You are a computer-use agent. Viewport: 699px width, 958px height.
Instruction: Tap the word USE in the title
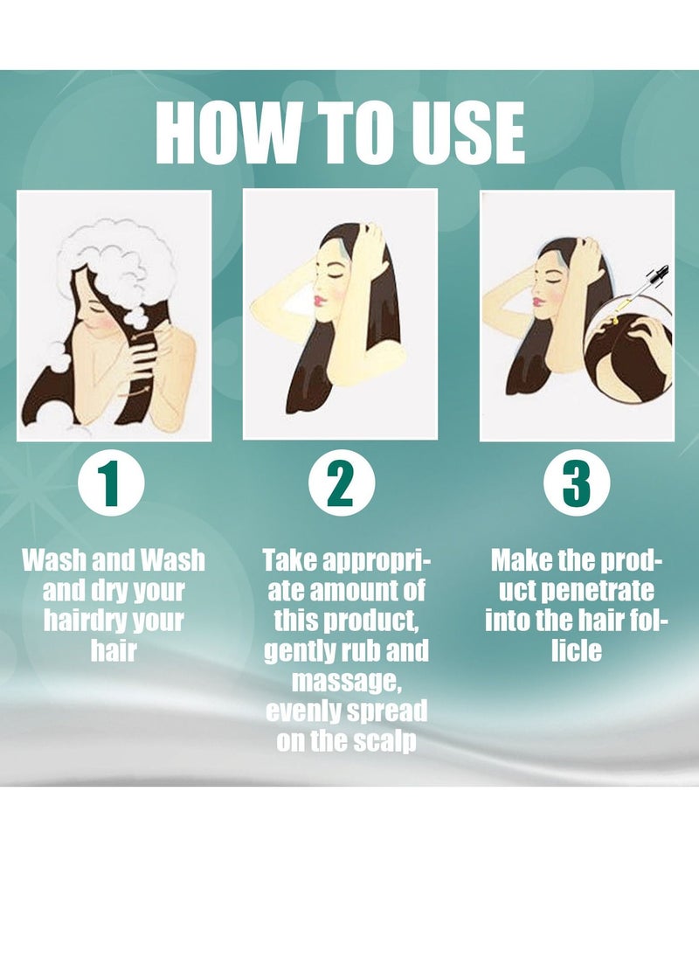point(463,133)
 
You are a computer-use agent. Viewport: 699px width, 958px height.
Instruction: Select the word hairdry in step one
point(80,621)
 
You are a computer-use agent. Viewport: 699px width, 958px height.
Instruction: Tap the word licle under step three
point(577,651)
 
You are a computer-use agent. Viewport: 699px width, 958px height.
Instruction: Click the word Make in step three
point(521,559)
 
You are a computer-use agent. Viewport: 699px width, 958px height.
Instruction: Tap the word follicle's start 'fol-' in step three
point(647,621)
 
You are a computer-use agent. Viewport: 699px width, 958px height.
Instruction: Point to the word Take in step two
point(294,559)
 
